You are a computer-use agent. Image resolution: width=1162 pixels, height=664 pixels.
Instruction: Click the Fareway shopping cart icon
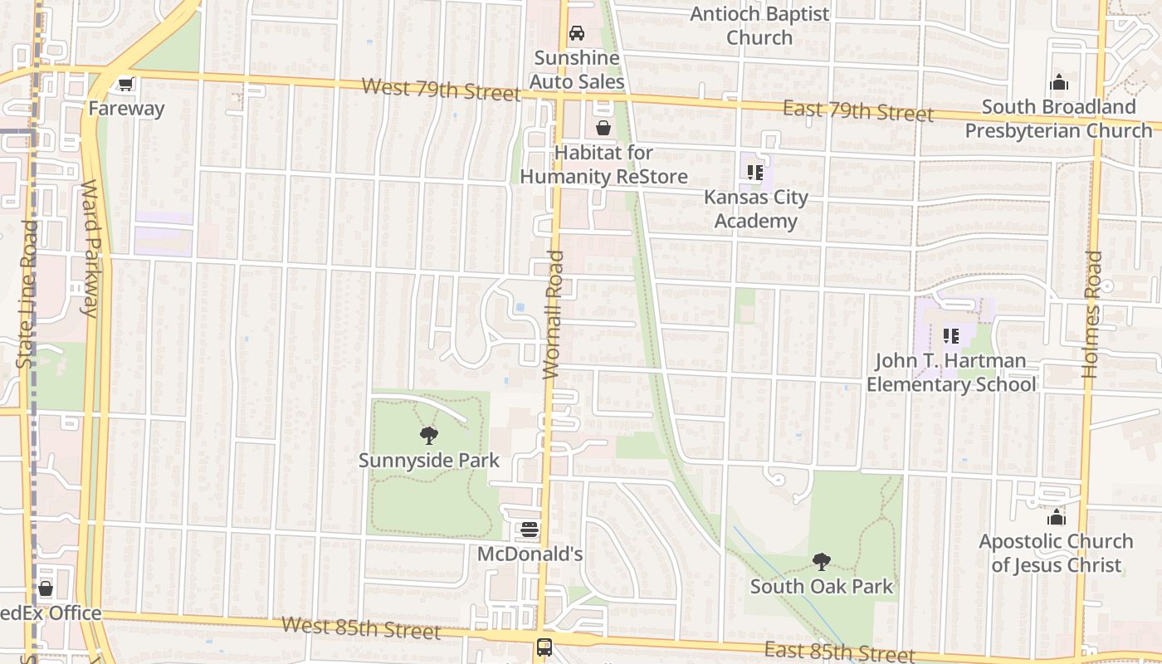[125, 84]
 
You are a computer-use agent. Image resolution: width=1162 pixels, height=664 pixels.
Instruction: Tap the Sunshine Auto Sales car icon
[576, 33]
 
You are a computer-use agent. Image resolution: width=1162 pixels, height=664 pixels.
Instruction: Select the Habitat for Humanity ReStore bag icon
[603, 128]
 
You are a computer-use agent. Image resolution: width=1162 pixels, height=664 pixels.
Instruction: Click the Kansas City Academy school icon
[754, 173]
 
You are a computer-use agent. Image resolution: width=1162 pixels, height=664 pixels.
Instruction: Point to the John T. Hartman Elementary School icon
[951, 336]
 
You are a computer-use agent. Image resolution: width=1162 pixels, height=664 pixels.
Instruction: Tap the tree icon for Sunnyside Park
[429, 435]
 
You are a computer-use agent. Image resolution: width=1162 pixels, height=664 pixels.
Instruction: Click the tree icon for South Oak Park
[822, 562]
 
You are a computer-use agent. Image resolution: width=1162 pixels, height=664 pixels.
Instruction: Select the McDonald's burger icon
[530, 530]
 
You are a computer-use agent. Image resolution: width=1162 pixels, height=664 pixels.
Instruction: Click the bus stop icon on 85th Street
[544, 647]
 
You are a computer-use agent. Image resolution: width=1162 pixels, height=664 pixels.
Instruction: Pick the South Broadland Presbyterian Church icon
[1059, 82]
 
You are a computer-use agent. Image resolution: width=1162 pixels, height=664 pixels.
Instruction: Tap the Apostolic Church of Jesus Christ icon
[1056, 517]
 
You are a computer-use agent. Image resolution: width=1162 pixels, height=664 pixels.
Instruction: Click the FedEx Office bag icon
[46, 588]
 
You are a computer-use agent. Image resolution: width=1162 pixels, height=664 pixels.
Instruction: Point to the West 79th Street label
[441, 89]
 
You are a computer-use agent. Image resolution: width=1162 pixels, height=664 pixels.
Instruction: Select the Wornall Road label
[554, 315]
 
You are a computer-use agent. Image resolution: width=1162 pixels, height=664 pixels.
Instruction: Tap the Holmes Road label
[1093, 315]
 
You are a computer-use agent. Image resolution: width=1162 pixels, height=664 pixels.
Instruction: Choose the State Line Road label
[27, 295]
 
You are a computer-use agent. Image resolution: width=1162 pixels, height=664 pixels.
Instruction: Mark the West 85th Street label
[360, 627]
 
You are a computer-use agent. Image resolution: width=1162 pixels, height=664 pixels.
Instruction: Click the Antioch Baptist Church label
[759, 26]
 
